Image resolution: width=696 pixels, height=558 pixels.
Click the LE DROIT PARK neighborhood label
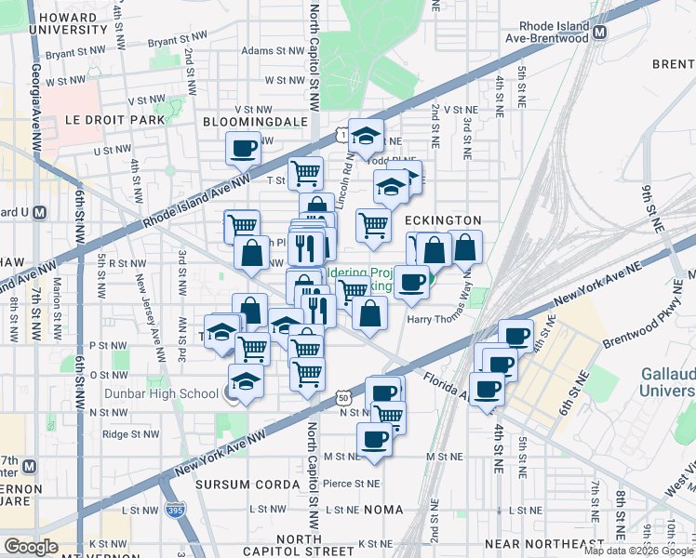click(x=114, y=120)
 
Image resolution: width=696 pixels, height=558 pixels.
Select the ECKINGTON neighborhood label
click(x=442, y=219)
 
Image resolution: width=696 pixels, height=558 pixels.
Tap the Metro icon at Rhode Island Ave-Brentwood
click(x=600, y=30)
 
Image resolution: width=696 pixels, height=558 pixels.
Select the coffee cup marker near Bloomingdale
click(x=245, y=147)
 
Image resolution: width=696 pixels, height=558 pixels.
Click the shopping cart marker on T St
click(x=305, y=172)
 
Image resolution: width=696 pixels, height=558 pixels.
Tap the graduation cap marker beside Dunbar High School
click(x=245, y=382)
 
